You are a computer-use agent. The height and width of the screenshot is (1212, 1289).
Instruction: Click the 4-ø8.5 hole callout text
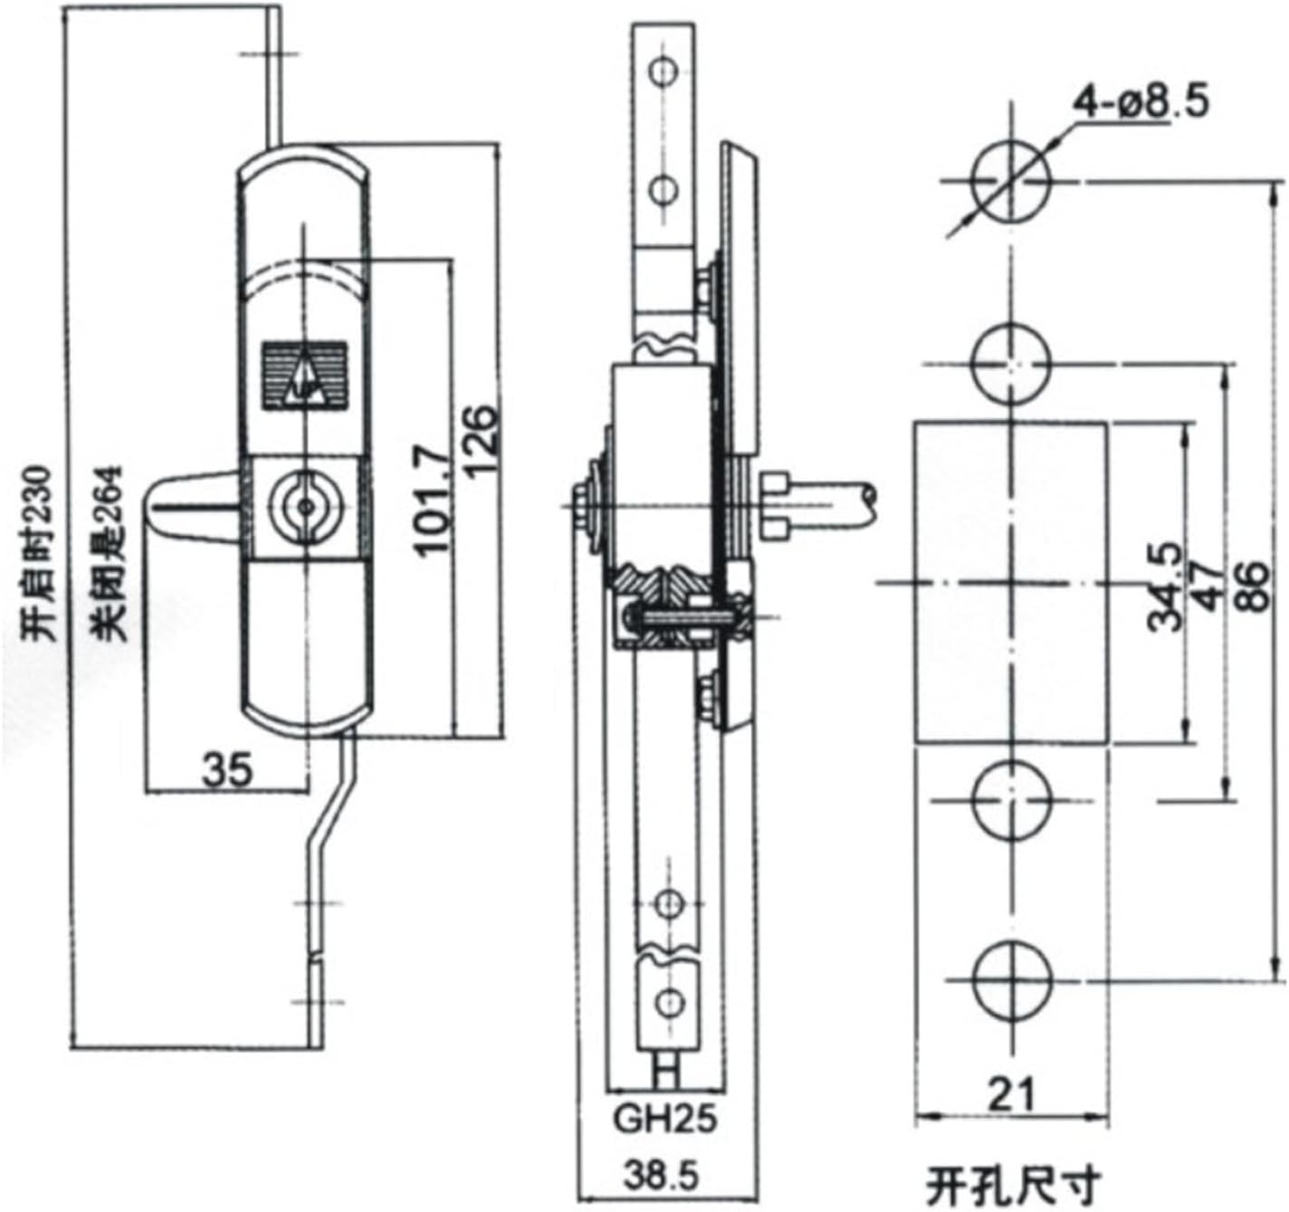point(1141,102)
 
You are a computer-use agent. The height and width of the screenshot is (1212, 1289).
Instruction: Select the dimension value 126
point(482,441)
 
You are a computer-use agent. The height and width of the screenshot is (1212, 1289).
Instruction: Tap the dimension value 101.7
point(434,498)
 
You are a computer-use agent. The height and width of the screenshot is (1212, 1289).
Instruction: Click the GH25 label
point(665,1119)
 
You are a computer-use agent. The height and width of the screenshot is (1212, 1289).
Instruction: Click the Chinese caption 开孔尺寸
point(1013,1182)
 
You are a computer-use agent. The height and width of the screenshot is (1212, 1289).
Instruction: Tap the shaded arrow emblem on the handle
point(304,376)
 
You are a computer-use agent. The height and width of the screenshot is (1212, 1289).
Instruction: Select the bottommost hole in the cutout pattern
point(1012,979)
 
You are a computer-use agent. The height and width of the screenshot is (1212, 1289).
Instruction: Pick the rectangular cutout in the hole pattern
point(1011,583)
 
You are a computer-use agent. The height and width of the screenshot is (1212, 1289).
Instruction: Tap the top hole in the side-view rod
point(666,71)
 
